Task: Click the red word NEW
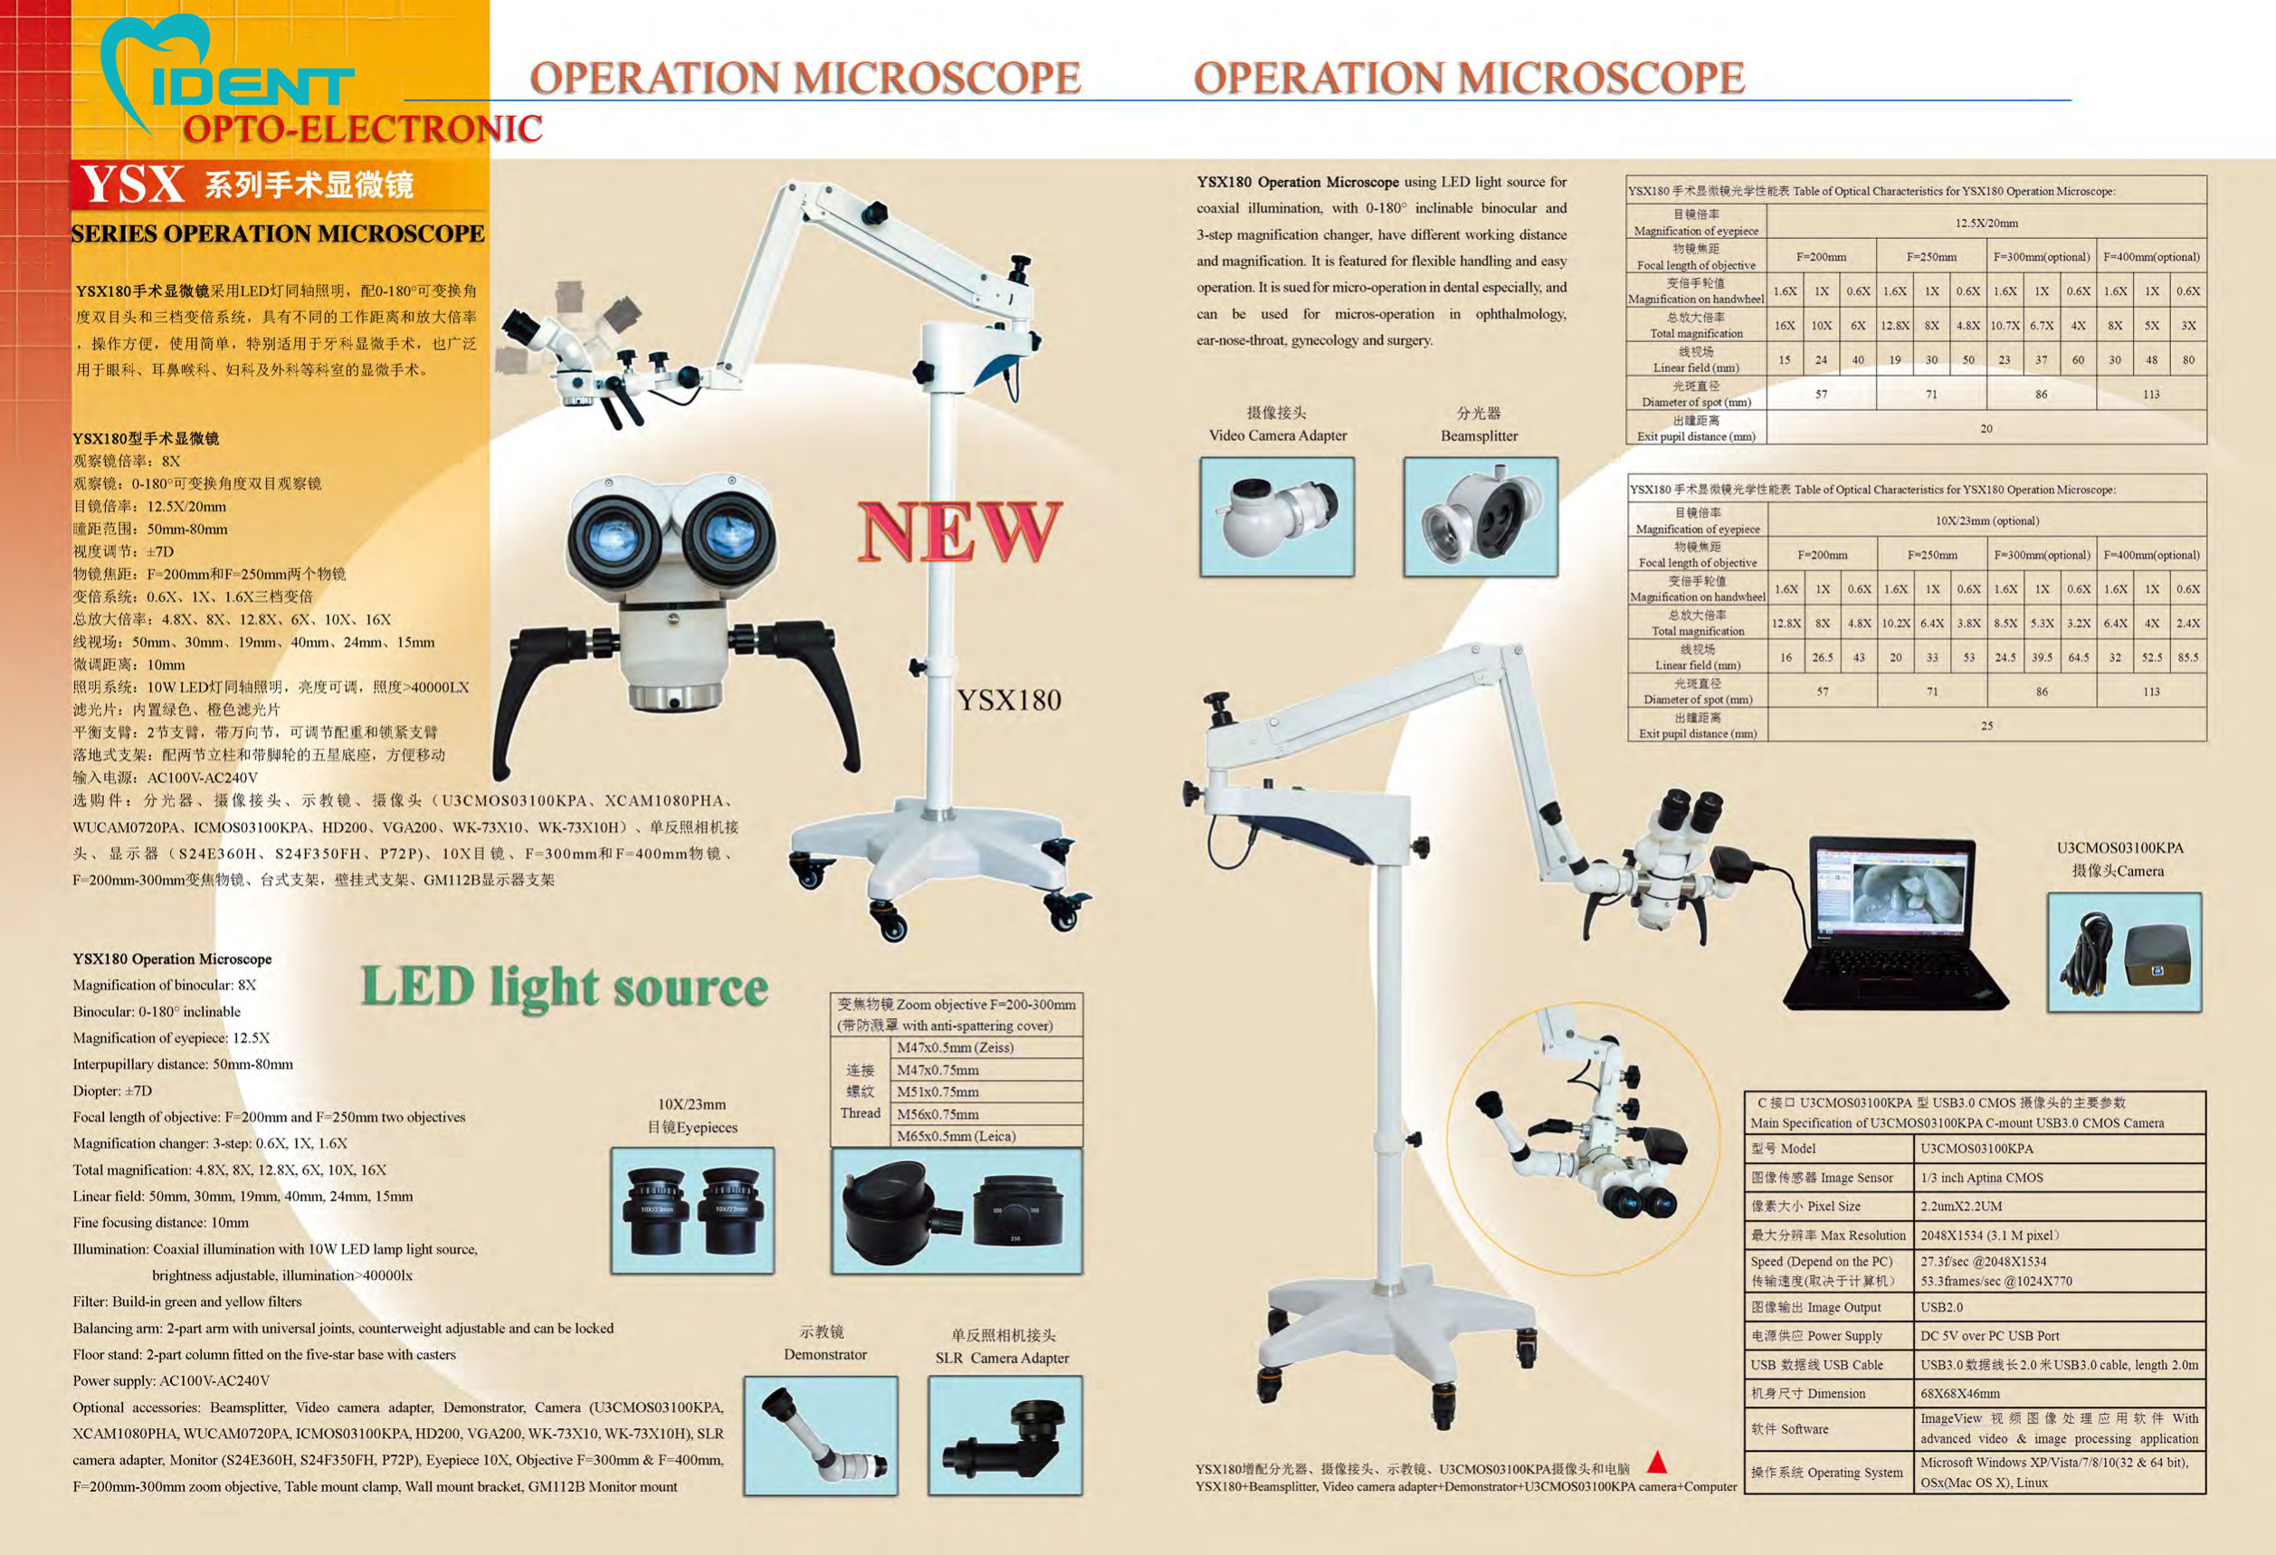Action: point(957,531)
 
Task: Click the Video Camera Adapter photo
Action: point(1277,516)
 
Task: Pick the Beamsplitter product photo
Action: point(1480,516)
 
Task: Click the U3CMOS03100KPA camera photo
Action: point(2124,952)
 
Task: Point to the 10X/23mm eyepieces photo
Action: point(692,1210)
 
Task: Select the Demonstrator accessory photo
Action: point(821,1435)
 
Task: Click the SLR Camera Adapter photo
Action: point(1005,1435)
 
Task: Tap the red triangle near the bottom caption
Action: point(1657,1463)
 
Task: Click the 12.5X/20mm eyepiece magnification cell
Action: point(1986,223)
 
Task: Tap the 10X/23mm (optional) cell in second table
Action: point(1986,521)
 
